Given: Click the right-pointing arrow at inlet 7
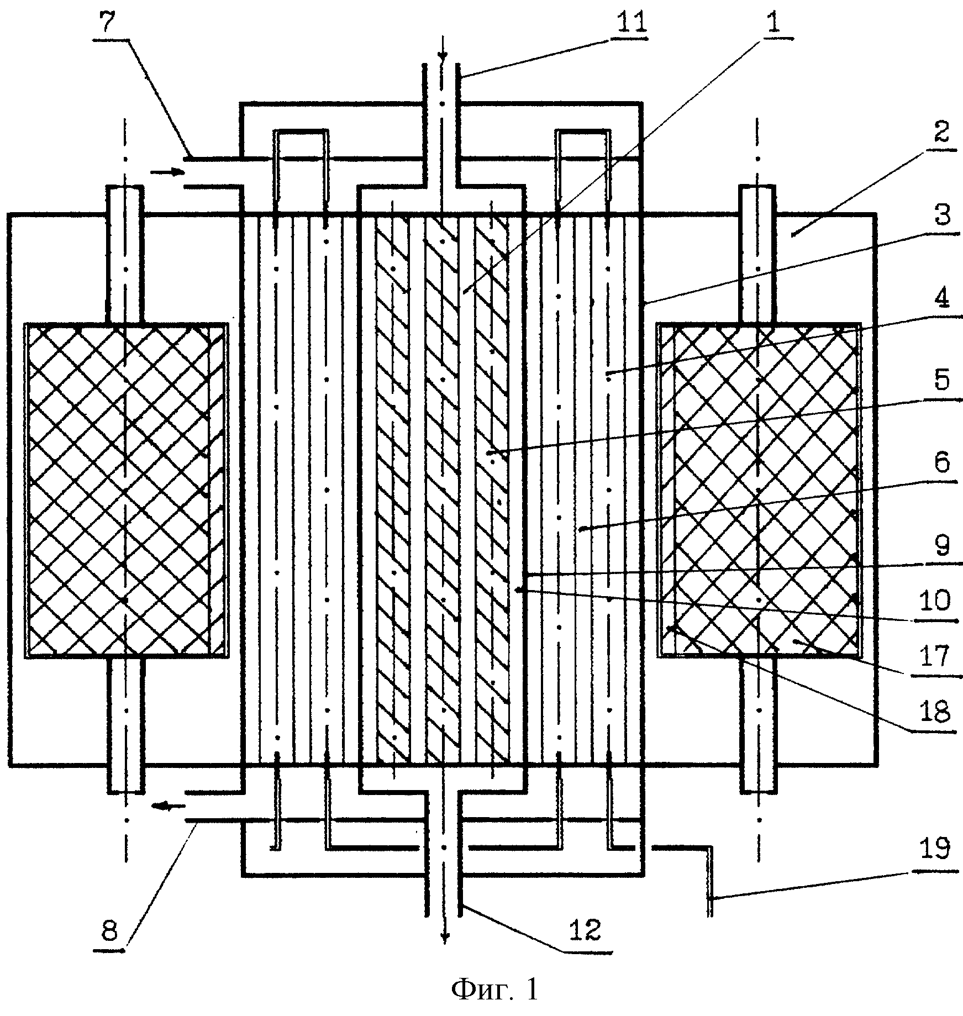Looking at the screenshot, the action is tap(167, 172).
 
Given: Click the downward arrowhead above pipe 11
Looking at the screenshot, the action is tap(443, 56).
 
